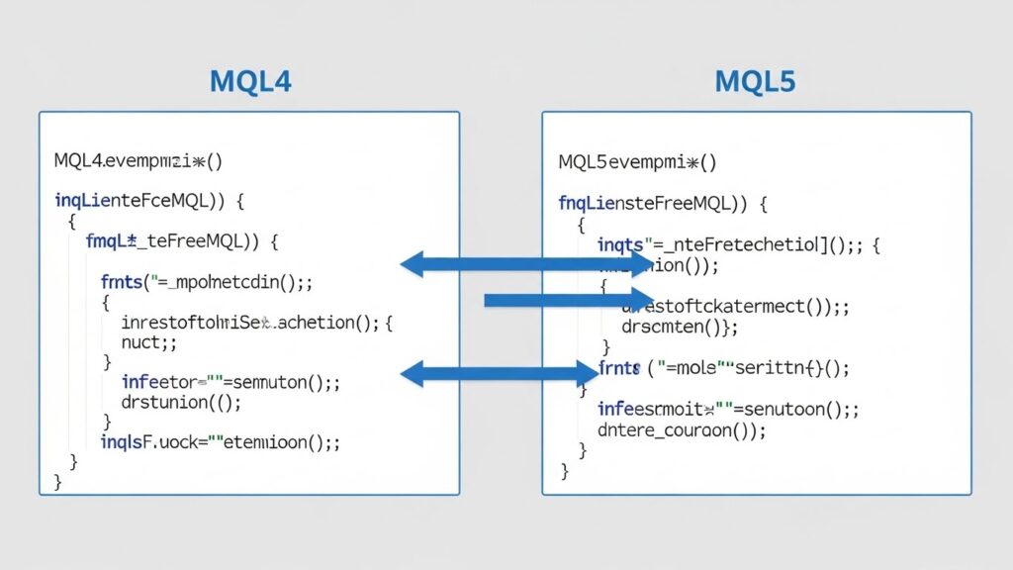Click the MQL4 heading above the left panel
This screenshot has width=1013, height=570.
click(249, 81)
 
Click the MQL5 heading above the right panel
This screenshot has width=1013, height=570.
click(754, 81)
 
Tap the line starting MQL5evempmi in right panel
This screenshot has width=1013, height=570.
click(637, 161)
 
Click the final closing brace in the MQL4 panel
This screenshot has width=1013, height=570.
click(57, 481)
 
